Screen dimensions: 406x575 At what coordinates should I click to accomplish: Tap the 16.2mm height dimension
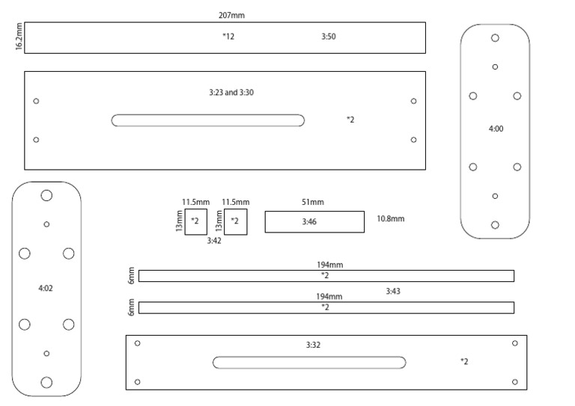click(19, 37)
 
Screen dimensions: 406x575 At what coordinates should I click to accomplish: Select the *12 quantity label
click(228, 36)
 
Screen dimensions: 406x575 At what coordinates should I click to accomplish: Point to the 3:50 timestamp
click(328, 36)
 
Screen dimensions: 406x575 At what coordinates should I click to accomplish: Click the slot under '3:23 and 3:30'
click(208, 120)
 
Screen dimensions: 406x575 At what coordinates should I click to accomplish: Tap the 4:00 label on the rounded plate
click(496, 129)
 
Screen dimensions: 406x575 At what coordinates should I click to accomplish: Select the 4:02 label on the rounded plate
click(45, 287)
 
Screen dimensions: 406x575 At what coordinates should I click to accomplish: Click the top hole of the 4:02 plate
click(46, 195)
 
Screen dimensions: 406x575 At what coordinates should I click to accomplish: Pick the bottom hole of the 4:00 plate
click(495, 224)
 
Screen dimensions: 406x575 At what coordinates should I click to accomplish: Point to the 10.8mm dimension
click(390, 219)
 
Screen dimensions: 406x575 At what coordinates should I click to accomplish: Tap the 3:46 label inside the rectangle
click(310, 222)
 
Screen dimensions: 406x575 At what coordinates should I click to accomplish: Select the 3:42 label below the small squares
click(214, 241)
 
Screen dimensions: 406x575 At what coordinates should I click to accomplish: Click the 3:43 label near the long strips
click(393, 292)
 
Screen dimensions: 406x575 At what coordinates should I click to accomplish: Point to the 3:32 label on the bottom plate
click(313, 345)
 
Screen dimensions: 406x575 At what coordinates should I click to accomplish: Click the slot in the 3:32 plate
click(309, 363)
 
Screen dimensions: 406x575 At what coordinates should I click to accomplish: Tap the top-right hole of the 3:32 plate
click(514, 343)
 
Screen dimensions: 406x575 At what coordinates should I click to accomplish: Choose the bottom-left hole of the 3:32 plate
click(137, 382)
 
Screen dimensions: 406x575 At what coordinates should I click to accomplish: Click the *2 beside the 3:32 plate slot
click(464, 362)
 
